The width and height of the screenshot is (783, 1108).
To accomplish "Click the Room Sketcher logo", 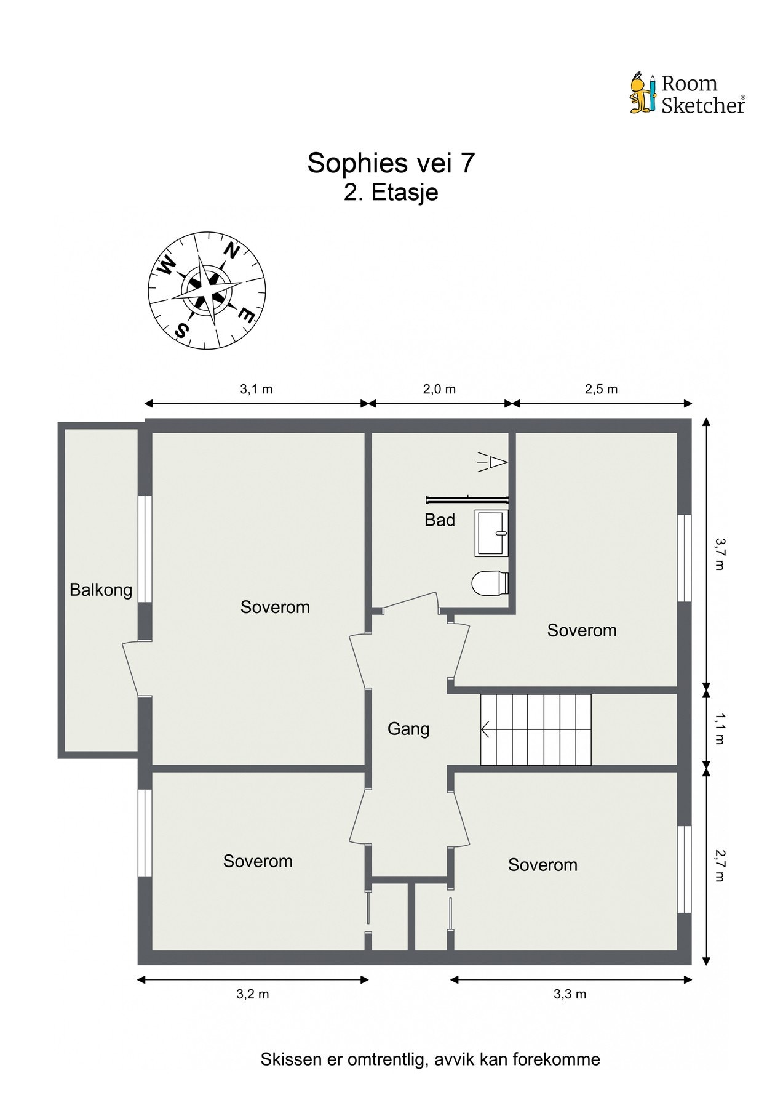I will click(687, 94).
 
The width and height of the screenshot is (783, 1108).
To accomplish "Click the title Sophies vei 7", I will click(391, 163).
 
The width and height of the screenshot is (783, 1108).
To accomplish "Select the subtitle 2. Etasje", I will click(391, 192).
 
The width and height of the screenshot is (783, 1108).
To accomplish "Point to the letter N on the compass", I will click(231, 251).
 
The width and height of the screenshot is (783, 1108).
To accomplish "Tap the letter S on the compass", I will click(181, 331).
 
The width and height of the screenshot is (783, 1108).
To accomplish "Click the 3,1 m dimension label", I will click(256, 389).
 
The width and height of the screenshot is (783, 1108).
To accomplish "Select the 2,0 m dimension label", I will click(439, 389).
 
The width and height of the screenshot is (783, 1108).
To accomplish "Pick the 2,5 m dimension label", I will click(601, 389).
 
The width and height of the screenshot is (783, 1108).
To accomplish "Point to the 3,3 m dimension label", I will click(570, 994).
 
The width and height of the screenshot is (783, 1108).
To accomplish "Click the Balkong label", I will click(101, 590).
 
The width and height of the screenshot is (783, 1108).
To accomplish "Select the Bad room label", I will click(440, 520).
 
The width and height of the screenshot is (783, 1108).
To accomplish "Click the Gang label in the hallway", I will click(408, 729).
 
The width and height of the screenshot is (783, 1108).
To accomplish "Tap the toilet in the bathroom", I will click(490, 582).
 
